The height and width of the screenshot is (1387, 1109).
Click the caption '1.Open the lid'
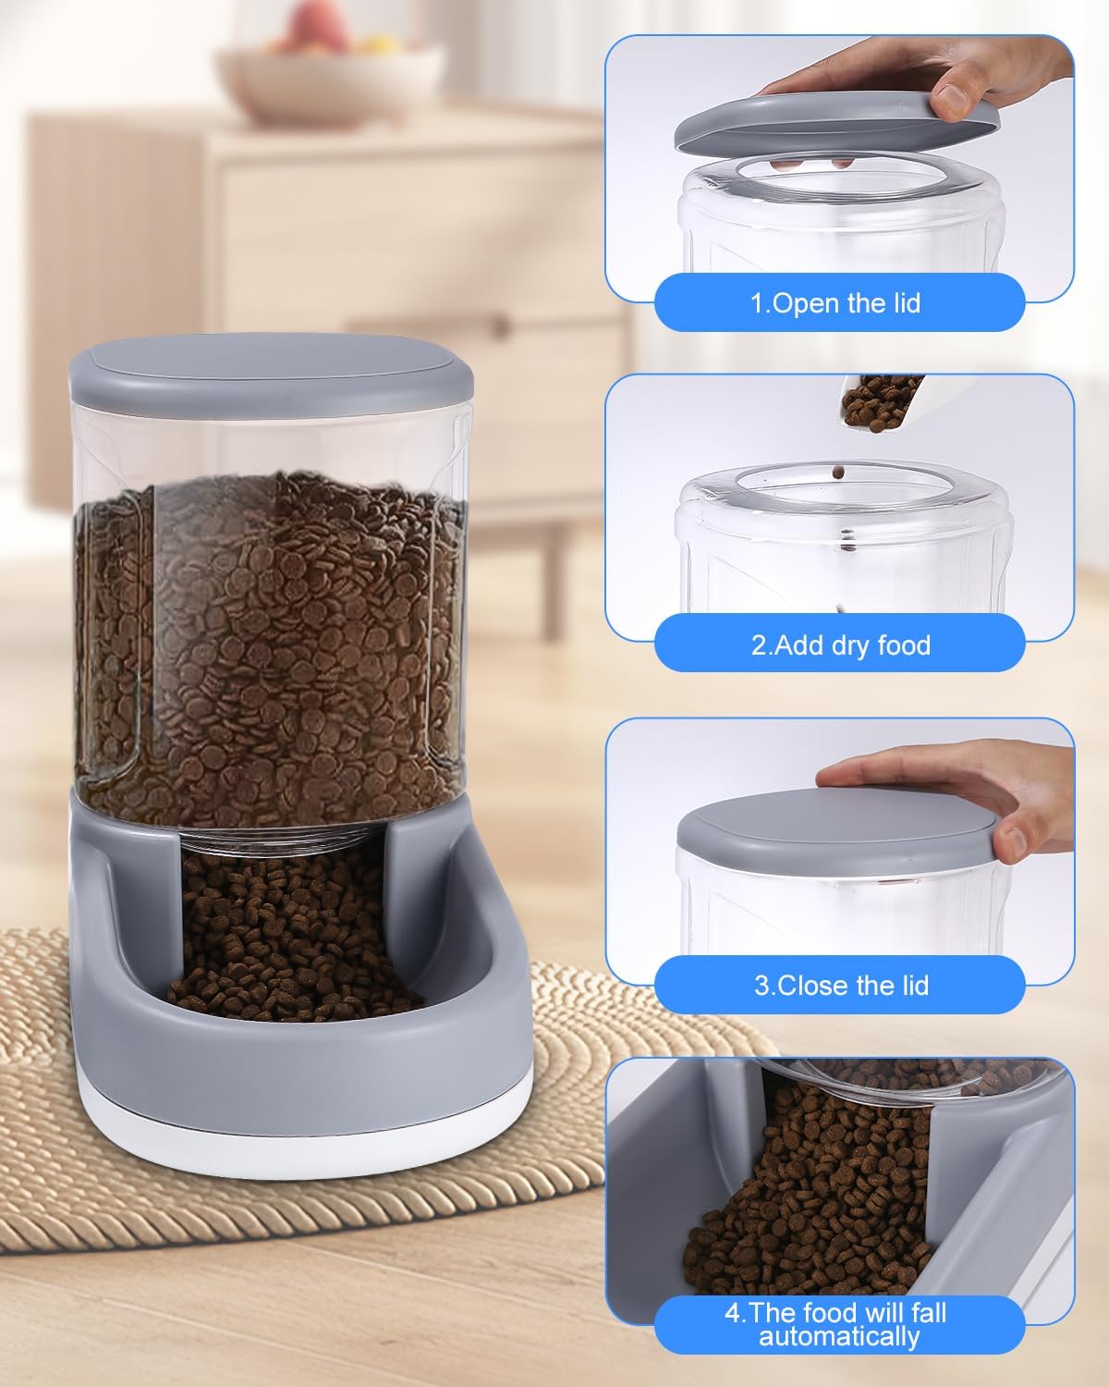pos(836,303)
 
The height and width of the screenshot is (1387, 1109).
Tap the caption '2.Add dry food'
pos(840,644)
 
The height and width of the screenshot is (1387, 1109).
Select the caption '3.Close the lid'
pos(840,985)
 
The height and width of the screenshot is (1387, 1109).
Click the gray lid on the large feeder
pos(269,364)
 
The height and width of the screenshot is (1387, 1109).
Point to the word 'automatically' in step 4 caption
pos(839,1336)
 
